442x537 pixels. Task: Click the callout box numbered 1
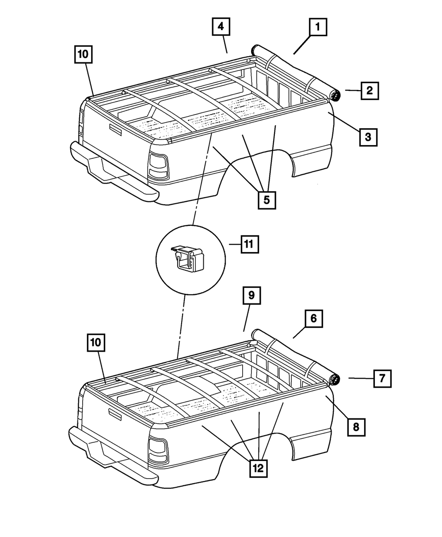click(317, 28)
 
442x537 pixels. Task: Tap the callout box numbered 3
click(368, 137)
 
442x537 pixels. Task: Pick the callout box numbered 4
click(221, 27)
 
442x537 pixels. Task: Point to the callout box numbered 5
click(267, 200)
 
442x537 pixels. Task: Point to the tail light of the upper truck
click(158, 166)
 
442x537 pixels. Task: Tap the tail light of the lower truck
click(157, 449)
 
